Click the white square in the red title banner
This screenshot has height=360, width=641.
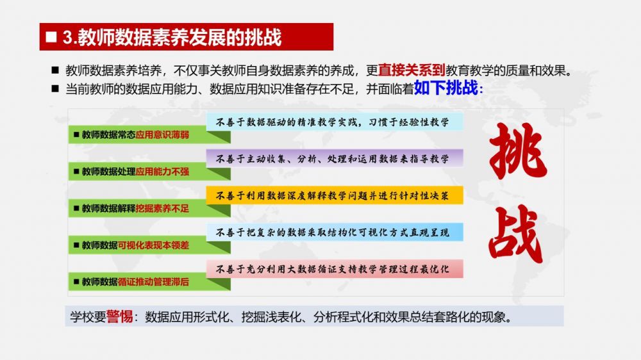click(x=51, y=37)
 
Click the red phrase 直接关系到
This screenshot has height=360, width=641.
click(x=412, y=70)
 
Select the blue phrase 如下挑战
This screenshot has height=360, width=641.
click(x=445, y=88)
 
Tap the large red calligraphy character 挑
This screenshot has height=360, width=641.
click(x=518, y=151)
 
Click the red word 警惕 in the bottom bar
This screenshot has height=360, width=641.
click(x=119, y=316)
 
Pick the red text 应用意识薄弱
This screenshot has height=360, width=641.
click(x=162, y=135)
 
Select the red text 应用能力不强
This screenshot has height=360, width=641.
click(x=162, y=172)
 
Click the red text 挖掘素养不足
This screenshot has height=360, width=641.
click(x=162, y=208)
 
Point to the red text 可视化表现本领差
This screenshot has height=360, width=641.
click(x=153, y=245)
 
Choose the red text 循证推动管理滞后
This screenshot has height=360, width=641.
click(x=153, y=282)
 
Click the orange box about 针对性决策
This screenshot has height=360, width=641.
click(x=335, y=195)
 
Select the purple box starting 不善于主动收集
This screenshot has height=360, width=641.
click(x=335, y=158)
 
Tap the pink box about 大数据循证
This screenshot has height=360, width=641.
click(x=335, y=269)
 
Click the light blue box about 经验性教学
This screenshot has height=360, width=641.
click(x=335, y=122)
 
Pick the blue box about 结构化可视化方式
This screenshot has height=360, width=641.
click(x=335, y=232)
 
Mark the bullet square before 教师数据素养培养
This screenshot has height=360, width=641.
click(x=55, y=70)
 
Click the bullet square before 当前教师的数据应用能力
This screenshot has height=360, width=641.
click(x=55, y=88)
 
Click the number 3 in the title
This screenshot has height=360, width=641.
click(x=67, y=37)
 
